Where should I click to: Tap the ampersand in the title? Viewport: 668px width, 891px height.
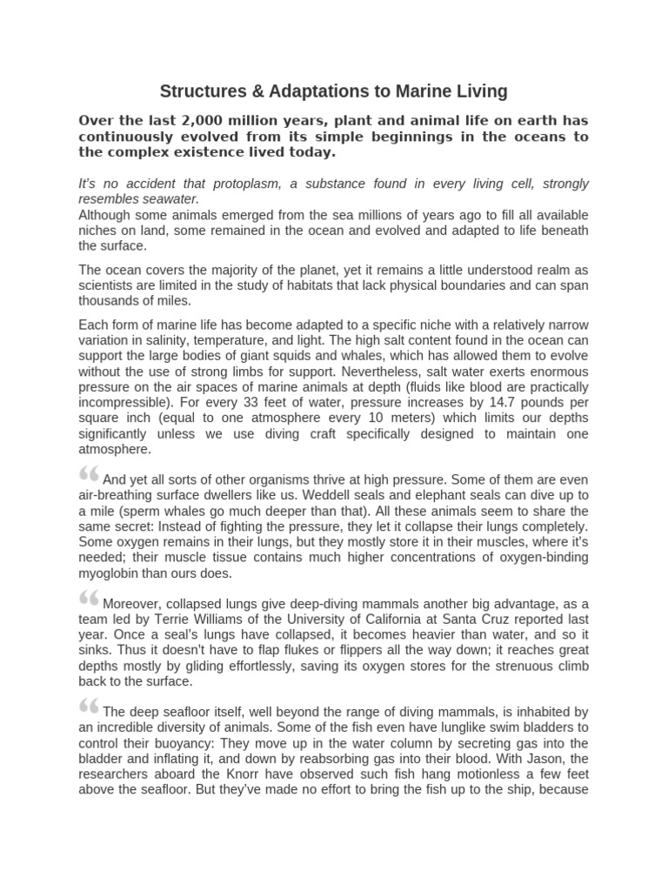coord(250,91)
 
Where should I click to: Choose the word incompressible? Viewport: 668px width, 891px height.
coord(123,403)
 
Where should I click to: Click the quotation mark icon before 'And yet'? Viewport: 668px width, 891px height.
coord(89,474)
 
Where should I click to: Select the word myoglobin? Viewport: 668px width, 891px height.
coord(108,573)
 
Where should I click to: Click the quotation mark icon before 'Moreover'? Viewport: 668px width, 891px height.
coord(89,598)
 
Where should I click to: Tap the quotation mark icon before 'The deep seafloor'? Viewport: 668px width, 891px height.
coord(89,706)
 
